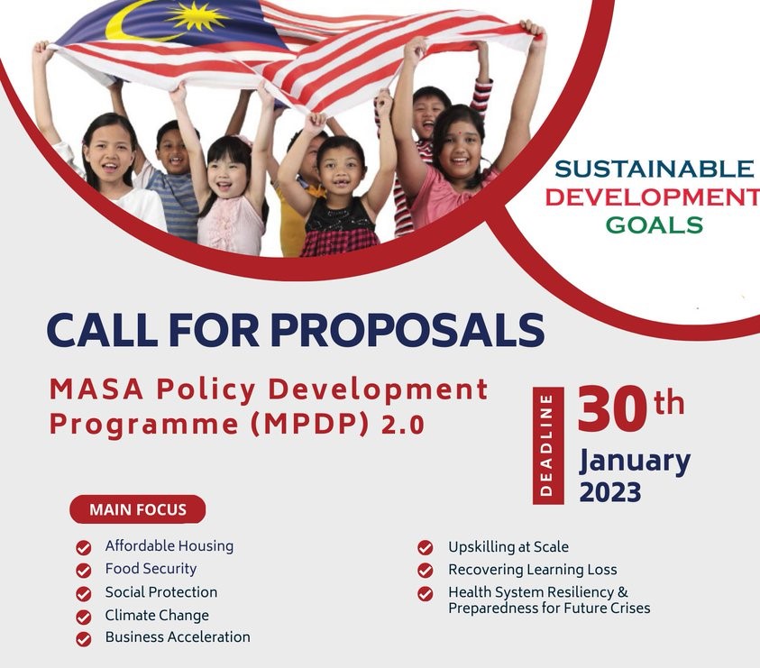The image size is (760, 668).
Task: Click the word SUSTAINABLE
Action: click(x=654, y=169)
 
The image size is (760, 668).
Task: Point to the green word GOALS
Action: click(x=654, y=224)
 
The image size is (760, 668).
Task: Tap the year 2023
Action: click(x=610, y=492)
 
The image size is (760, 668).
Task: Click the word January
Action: click(x=635, y=461)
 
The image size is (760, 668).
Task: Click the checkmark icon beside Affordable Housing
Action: click(x=84, y=547)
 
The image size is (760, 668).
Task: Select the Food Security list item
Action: click(x=151, y=569)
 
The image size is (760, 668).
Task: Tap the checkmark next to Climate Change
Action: click(x=84, y=617)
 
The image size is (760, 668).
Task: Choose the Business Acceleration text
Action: click(x=178, y=637)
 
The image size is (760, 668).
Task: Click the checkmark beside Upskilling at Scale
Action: click(x=426, y=547)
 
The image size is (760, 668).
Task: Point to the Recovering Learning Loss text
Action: click(x=532, y=570)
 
